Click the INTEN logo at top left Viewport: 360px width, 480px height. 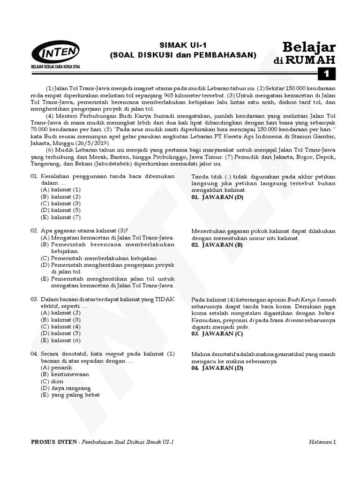[x=55, y=52]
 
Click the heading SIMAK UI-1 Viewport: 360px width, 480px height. [x=183, y=45]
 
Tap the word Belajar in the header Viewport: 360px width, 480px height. [x=309, y=46]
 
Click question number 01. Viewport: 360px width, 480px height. [x=34, y=176]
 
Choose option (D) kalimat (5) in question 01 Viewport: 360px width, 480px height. [x=61, y=210]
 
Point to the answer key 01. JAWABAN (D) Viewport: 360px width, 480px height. [x=217, y=197]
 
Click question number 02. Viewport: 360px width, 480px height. [x=34, y=231]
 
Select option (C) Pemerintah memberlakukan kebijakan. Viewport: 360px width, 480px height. [x=99, y=258]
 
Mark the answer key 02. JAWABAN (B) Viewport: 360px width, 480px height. [x=217, y=245]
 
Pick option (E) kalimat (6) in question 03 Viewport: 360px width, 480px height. [x=61, y=340]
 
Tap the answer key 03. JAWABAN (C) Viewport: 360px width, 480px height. [x=217, y=334]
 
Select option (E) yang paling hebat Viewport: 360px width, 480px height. [x=70, y=395]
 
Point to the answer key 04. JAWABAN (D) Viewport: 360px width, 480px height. [x=217, y=368]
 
